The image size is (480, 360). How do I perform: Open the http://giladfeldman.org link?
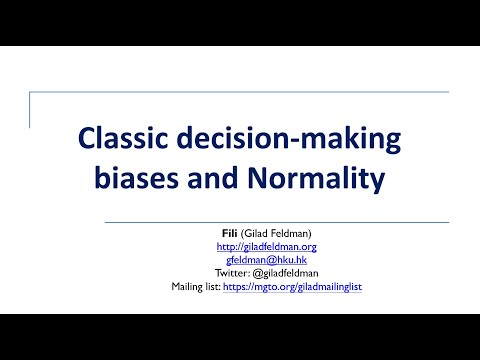pos(266,246)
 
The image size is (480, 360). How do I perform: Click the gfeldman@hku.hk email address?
pos(266,259)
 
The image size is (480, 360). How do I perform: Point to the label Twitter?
pos(232,272)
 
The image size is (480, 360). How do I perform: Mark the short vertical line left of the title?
pos(30,110)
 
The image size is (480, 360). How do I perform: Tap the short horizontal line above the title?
pos(60,93)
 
